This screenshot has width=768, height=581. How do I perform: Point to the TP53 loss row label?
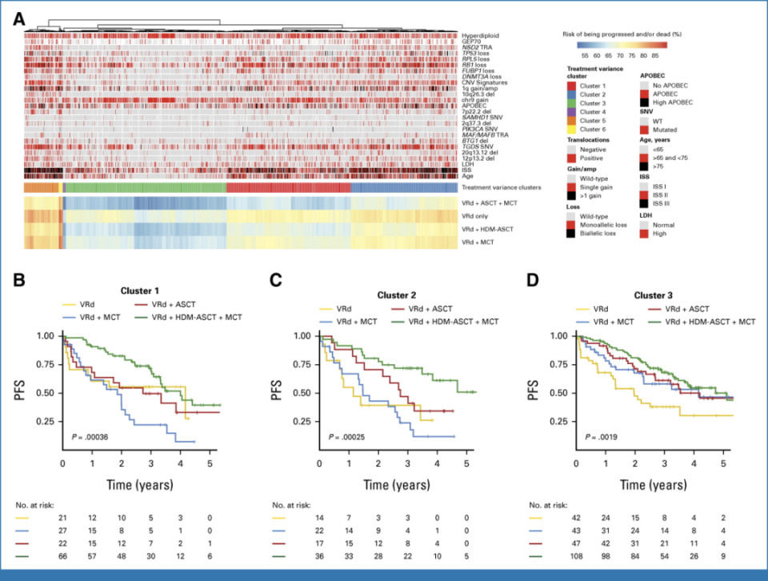[x=477, y=54]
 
